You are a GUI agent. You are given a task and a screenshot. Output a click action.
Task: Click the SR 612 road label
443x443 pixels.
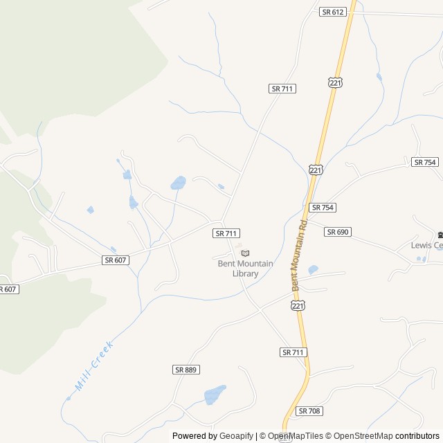(333, 12)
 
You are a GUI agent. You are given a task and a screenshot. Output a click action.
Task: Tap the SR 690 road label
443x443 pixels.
(337, 232)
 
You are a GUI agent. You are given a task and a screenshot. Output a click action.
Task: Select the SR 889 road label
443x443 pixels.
(186, 370)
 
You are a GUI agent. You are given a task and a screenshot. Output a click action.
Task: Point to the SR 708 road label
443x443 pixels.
(309, 411)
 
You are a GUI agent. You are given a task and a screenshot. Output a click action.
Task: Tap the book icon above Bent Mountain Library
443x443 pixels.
(245, 253)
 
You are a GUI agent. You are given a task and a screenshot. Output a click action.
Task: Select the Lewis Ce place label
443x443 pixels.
(426, 245)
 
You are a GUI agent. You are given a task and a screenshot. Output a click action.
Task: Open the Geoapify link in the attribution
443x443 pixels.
(236, 436)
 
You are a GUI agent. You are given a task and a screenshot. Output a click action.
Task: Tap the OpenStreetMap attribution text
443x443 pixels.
(360, 436)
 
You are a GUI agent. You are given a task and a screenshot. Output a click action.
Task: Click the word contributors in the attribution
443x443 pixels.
(417, 436)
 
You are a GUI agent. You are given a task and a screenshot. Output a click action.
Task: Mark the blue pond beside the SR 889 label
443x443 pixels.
(215, 395)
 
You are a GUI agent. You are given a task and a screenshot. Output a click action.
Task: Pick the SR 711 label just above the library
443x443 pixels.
(226, 234)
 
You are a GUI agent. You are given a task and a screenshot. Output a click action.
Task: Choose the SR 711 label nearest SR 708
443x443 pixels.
(293, 352)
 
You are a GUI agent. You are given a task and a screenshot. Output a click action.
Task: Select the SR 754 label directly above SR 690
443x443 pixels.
(323, 208)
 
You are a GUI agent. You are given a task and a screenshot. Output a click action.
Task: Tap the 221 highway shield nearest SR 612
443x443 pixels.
(335, 82)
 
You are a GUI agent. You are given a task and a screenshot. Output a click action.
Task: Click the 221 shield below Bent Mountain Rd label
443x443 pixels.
(298, 305)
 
